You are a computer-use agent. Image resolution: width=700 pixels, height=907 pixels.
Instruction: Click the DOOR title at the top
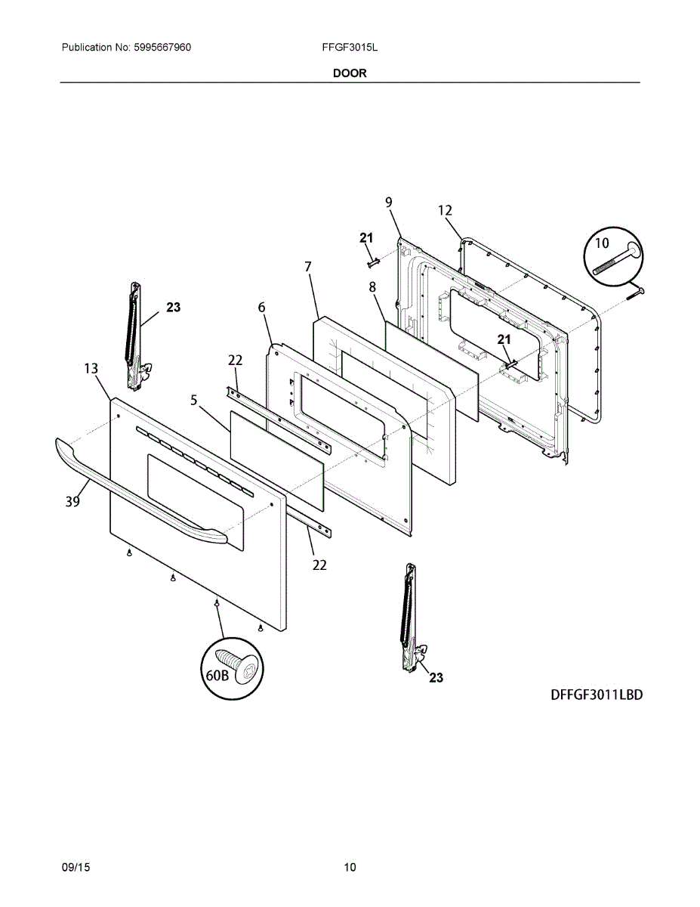tap(350, 73)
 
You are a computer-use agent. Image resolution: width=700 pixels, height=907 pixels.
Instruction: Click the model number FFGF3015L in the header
tap(350, 47)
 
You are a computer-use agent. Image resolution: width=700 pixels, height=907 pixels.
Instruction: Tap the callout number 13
tap(91, 369)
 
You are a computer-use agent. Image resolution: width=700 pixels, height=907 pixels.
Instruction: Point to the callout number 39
tap(72, 500)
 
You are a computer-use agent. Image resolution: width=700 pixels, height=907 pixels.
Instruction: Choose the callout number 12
tap(445, 210)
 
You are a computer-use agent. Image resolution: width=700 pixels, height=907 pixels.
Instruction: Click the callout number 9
tap(388, 202)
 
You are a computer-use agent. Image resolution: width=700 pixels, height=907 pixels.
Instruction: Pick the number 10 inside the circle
tap(602, 243)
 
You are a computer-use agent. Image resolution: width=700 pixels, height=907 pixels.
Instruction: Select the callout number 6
tap(261, 307)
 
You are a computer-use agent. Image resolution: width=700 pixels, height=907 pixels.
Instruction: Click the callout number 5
tap(194, 401)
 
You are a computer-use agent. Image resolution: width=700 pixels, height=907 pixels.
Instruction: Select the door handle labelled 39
tap(136, 497)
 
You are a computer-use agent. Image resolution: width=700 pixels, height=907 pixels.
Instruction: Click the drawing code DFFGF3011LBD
tap(597, 695)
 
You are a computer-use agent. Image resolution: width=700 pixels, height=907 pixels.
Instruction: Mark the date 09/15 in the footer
tap(76, 867)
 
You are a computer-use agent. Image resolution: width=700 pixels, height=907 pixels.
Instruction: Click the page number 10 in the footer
tap(350, 867)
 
